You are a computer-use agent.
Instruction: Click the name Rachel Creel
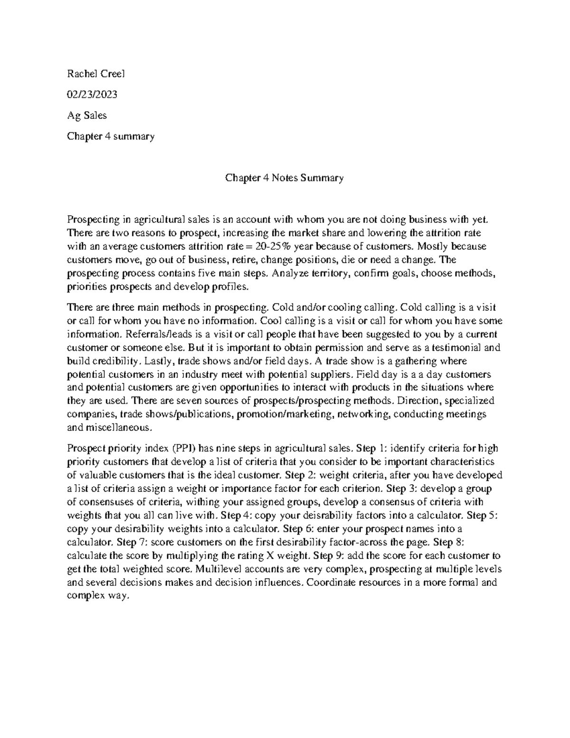pos(95,74)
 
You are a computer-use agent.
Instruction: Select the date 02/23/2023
pos(92,95)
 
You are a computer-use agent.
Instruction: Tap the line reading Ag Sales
pos(87,115)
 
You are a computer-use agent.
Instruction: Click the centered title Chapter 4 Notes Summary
pos(284,178)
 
